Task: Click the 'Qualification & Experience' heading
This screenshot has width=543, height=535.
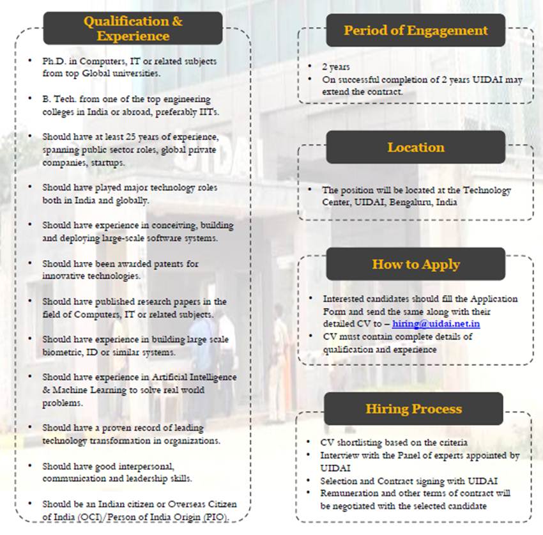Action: click(133, 28)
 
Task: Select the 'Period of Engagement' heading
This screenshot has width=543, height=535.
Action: click(415, 30)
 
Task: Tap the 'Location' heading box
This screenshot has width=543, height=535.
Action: click(415, 147)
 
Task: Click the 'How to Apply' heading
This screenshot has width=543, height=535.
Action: click(415, 264)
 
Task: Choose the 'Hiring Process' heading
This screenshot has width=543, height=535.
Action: click(413, 408)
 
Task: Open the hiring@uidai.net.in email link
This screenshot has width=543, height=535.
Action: click(436, 324)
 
